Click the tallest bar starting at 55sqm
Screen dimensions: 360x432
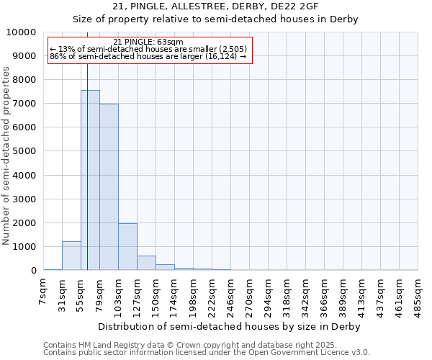tap(90, 180)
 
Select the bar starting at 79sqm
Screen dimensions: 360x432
tap(109, 187)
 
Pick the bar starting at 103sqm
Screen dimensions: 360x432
tap(127, 246)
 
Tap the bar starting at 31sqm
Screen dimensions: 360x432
tap(71, 256)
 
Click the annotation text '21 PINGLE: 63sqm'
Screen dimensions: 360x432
tap(148, 42)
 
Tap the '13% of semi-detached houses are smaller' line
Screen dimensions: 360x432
tap(148, 49)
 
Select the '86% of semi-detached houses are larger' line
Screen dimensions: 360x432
tap(148, 56)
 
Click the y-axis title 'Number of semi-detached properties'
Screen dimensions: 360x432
tap(6, 156)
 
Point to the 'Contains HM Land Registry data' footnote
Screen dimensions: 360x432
tap(206, 345)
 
